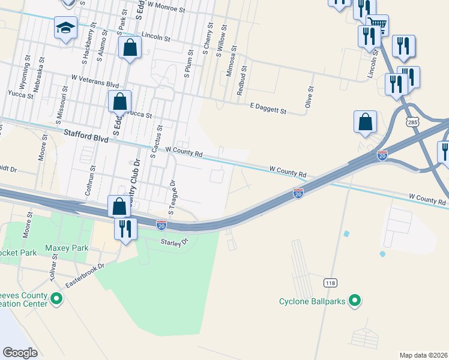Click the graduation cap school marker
(x=65, y=28)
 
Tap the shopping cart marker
(x=377, y=25)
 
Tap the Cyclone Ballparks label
(x=312, y=301)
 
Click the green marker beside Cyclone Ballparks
(x=355, y=301)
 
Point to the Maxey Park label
(x=67, y=248)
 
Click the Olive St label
(x=310, y=96)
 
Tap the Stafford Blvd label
(x=86, y=138)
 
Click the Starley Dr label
(x=174, y=242)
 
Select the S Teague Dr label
(x=172, y=196)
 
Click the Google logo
(x=20, y=352)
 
